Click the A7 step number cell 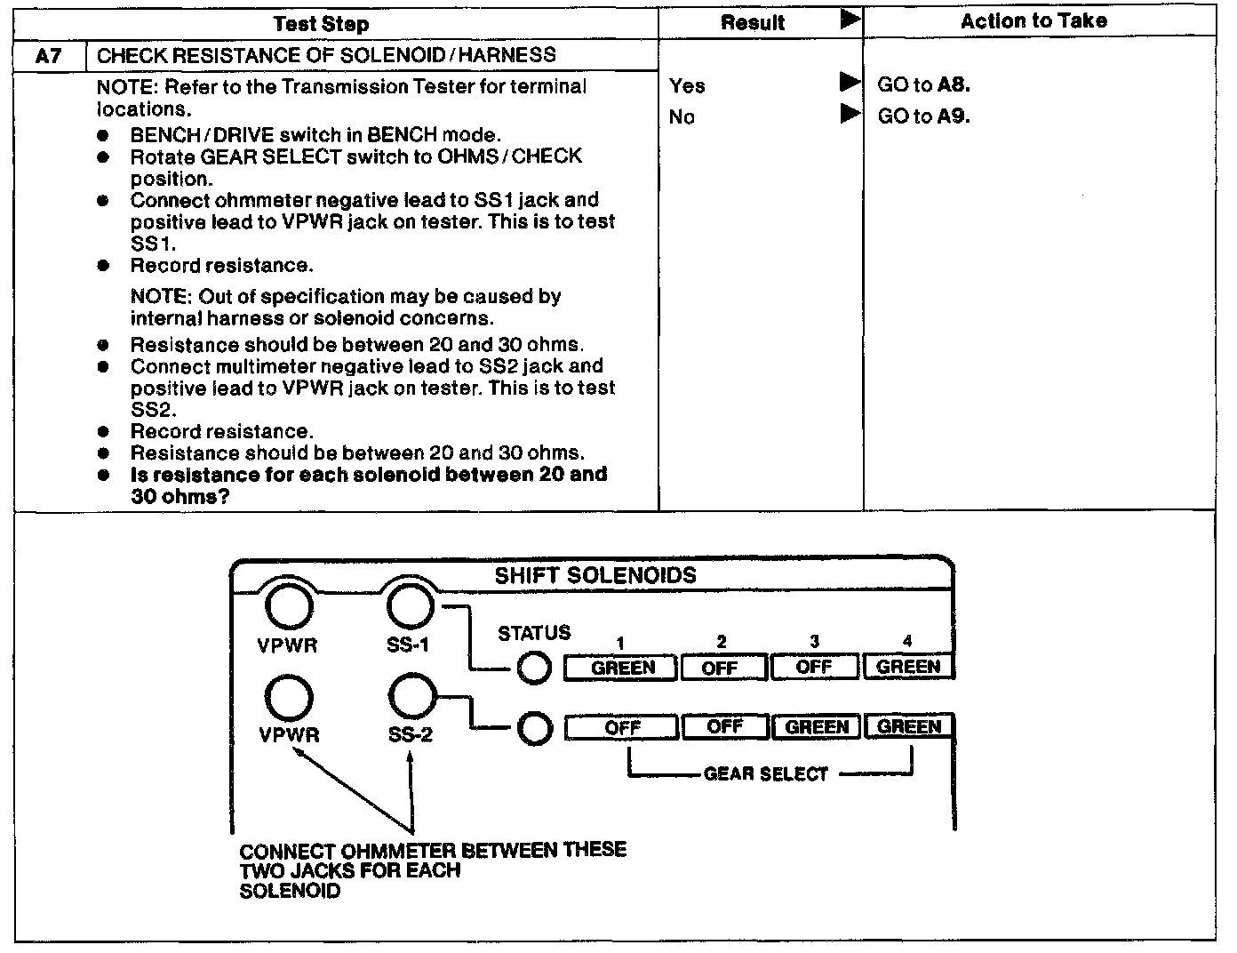click(x=49, y=55)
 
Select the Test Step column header click(x=321, y=24)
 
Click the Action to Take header click(x=1033, y=21)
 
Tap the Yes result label click(x=687, y=85)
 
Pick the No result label click(x=682, y=116)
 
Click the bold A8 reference click(x=954, y=85)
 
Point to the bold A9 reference click(x=954, y=116)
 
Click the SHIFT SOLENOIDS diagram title click(x=595, y=575)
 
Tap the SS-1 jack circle click(x=411, y=607)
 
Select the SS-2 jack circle click(x=411, y=695)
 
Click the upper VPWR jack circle click(x=289, y=608)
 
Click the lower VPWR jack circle click(x=289, y=696)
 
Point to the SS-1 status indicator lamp click(x=534, y=669)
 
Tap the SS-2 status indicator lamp click(x=534, y=729)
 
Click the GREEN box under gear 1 click(x=622, y=668)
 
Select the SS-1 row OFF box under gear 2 click(x=720, y=668)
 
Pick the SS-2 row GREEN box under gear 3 click(x=817, y=727)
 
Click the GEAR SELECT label click(x=765, y=774)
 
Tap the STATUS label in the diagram click(x=533, y=633)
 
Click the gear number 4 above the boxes click(x=907, y=641)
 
